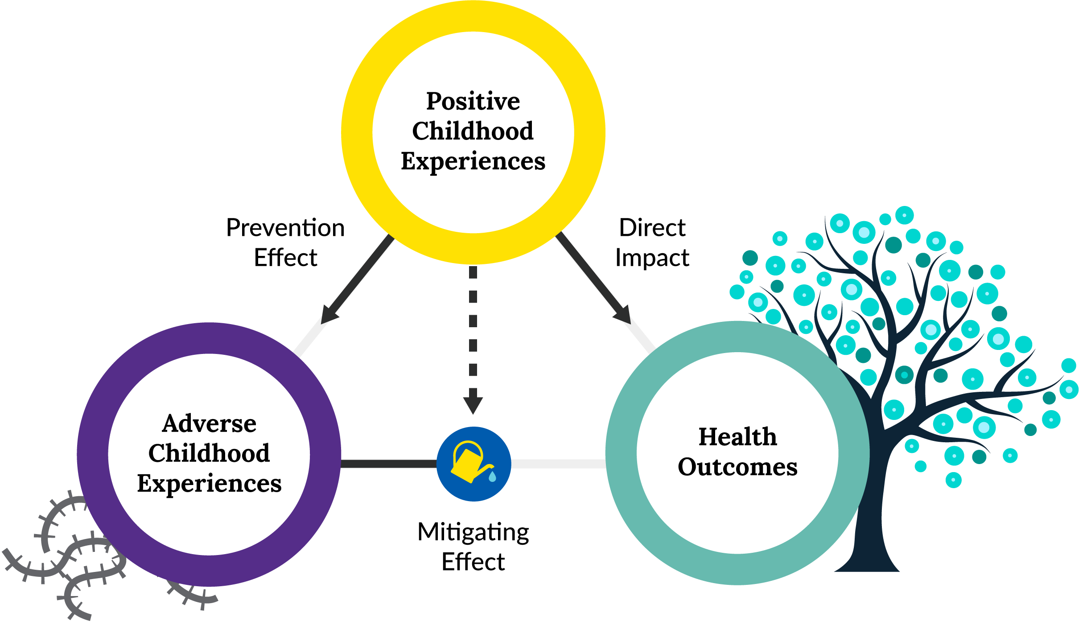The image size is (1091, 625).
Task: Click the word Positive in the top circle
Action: [473, 102]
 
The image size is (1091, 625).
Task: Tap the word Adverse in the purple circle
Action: [209, 424]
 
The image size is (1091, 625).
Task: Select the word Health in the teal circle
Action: [737, 437]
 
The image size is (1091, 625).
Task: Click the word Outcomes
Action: [737, 467]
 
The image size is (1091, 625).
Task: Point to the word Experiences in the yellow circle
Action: [473, 161]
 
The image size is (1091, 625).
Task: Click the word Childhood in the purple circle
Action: [209, 453]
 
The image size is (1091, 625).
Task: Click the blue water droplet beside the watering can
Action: [492, 477]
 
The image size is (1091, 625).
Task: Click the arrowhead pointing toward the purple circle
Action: [329, 315]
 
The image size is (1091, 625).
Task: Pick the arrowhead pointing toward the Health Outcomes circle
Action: [622, 314]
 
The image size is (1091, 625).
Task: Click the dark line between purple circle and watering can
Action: [388, 464]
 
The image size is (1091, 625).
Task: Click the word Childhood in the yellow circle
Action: [473, 132]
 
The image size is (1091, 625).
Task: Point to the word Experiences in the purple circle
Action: [209, 484]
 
